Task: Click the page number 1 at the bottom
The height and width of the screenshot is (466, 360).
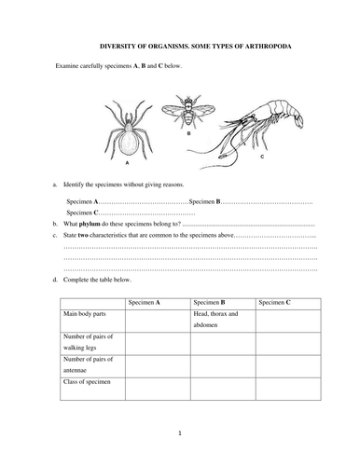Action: point(180,434)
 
